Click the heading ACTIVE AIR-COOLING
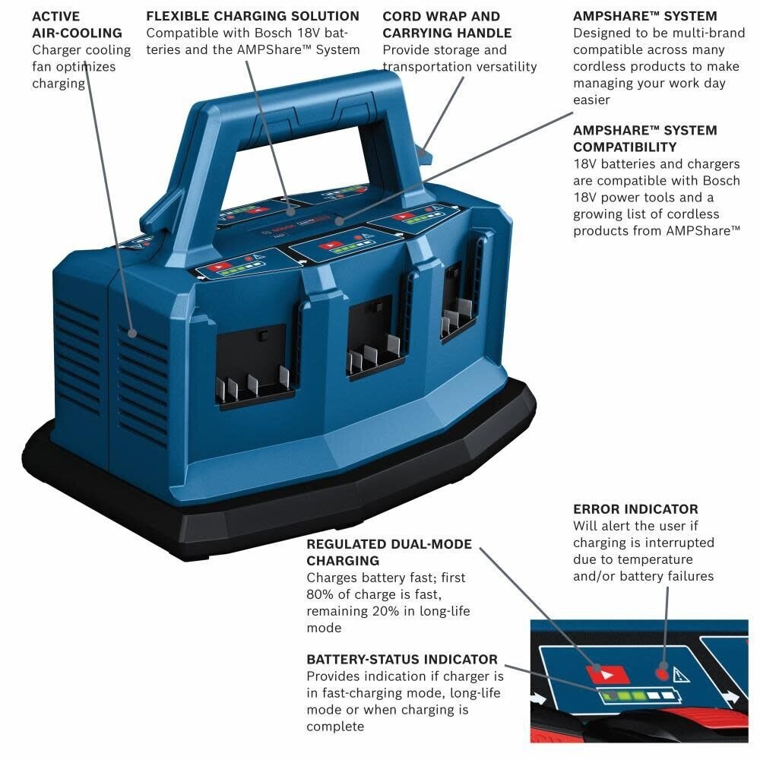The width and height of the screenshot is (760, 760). (x=76, y=24)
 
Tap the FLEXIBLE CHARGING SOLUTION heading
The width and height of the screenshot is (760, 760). (x=252, y=16)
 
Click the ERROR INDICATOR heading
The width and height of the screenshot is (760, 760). (x=635, y=509)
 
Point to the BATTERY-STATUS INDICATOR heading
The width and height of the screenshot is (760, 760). (x=402, y=660)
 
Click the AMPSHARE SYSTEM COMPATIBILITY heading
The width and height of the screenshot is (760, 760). (x=644, y=138)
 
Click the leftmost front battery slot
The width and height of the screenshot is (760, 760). (x=252, y=365)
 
